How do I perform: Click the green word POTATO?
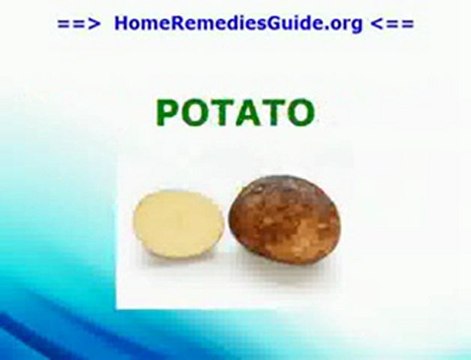[236, 114]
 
